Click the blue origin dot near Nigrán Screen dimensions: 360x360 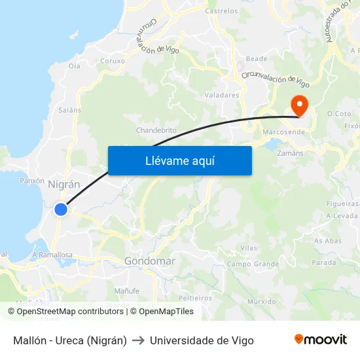(61, 209)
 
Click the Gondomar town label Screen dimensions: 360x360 (149, 261)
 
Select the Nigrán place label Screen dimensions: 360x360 (64, 185)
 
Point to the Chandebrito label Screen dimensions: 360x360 (156, 130)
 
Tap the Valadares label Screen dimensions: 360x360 (222, 95)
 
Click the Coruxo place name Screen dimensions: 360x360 (113, 61)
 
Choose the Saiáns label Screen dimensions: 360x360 (69, 110)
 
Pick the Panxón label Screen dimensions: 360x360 (32, 180)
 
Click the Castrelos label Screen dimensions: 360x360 (221, 11)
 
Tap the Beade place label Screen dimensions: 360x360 (257, 58)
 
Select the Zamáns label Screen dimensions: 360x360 (290, 153)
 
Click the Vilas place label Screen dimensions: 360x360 (249, 248)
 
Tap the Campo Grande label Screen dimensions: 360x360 (253, 264)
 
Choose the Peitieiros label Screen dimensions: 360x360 (195, 297)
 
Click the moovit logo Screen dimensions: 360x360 (321, 340)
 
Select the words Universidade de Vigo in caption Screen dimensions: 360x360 (202, 340)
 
